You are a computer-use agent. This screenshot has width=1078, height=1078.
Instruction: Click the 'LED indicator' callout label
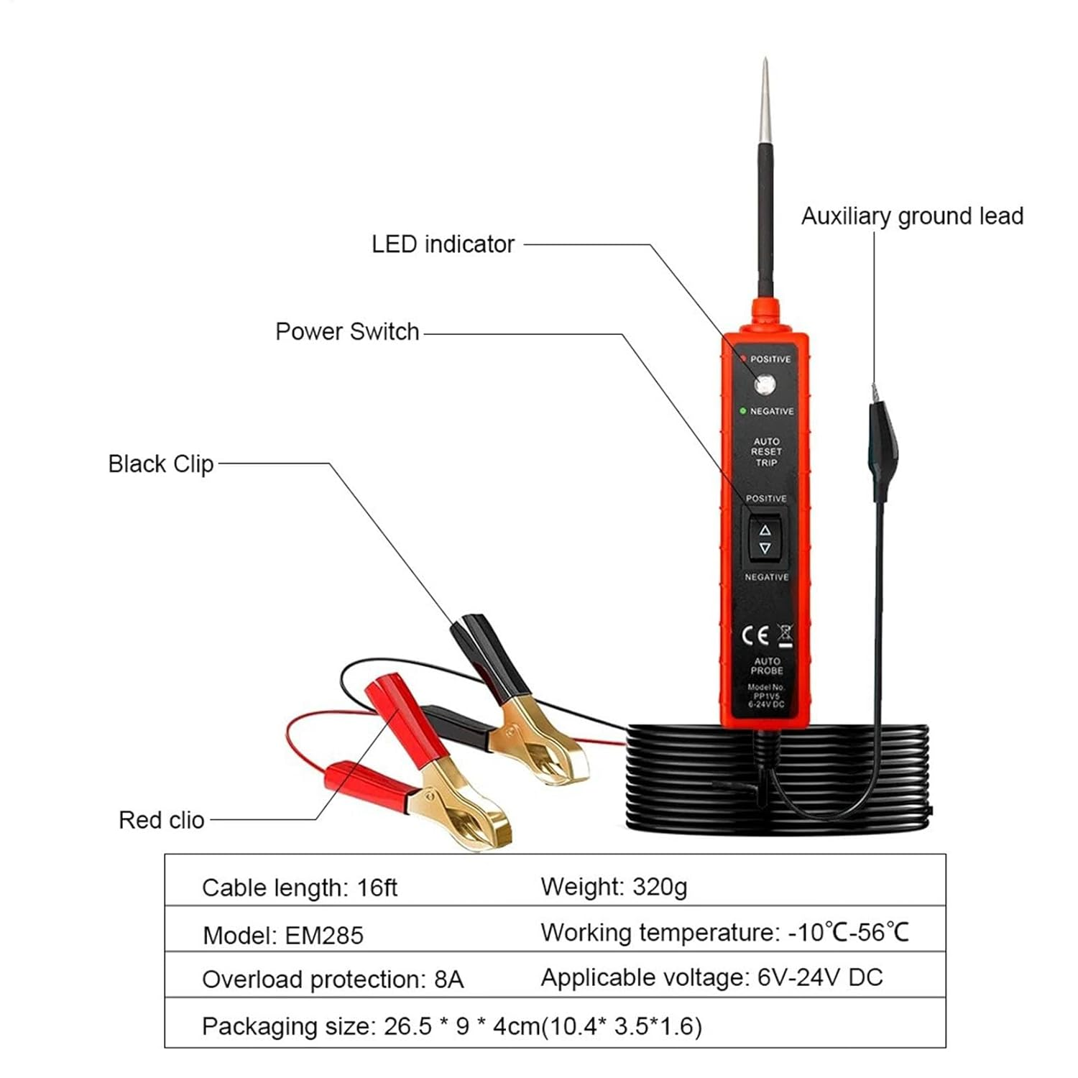pyautogui.click(x=443, y=244)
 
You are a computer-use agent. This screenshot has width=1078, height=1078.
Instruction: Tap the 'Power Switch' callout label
pyautogui.click(x=347, y=332)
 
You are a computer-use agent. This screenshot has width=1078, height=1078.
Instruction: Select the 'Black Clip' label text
pyautogui.click(x=161, y=464)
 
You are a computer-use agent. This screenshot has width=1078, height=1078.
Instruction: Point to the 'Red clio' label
pyautogui.click(x=162, y=820)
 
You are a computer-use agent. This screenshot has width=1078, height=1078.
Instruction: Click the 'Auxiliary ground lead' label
pyautogui.click(x=912, y=216)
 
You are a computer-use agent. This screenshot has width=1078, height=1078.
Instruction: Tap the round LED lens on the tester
pyautogui.click(x=765, y=385)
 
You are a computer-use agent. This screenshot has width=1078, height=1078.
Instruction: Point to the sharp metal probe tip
pyautogui.click(x=765, y=93)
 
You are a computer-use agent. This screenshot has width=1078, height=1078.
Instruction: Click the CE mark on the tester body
pyautogui.click(x=755, y=635)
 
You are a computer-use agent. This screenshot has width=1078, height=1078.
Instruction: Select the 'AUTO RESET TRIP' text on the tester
pyautogui.click(x=766, y=452)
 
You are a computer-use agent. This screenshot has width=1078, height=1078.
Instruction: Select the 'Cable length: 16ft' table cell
pyautogui.click(x=300, y=888)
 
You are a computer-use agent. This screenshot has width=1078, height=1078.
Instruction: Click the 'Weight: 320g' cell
pyautogui.click(x=614, y=887)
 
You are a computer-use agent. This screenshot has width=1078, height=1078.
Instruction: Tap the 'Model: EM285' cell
pyautogui.click(x=283, y=935)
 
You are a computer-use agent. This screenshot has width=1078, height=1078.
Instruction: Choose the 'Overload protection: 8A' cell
pyautogui.click(x=333, y=980)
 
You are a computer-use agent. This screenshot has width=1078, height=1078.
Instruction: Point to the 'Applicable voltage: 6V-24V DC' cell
pyautogui.click(x=711, y=977)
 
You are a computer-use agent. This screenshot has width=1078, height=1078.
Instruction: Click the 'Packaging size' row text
pyautogui.click(x=451, y=1026)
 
